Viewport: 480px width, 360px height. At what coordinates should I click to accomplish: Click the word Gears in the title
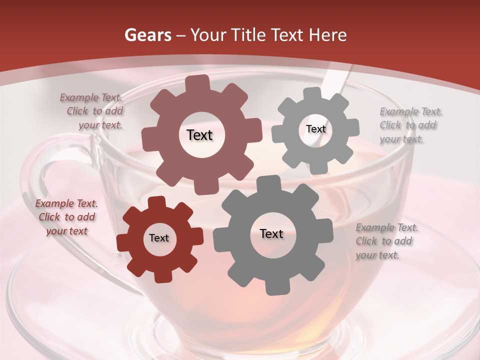pyautogui.click(x=147, y=35)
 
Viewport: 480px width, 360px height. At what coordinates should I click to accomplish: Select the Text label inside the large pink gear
pyautogui.click(x=199, y=135)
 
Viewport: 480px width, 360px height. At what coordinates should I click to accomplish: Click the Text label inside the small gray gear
pyautogui.click(x=315, y=129)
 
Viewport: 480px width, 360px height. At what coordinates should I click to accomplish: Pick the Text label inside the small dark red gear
pyautogui.click(x=159, y=238)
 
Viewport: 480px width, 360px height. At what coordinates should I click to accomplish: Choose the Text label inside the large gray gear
pyautogui.click(x=271, y=234)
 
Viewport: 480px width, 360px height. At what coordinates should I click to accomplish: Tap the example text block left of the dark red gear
pyautogui.click(x=66, y=217)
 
